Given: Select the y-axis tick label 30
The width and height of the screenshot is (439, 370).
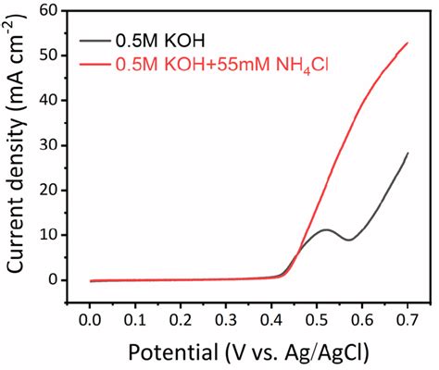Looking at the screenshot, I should coord(56,145).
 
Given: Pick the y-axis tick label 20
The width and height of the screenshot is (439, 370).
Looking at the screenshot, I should coord(56,191).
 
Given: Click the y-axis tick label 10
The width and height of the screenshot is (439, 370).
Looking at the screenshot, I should coord(56,235).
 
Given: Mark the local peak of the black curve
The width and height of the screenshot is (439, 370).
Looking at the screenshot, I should coord(325,229).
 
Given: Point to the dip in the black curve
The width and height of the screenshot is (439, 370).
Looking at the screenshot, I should coord(348,240).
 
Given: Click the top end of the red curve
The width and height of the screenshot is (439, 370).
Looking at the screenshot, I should coord(408,43).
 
